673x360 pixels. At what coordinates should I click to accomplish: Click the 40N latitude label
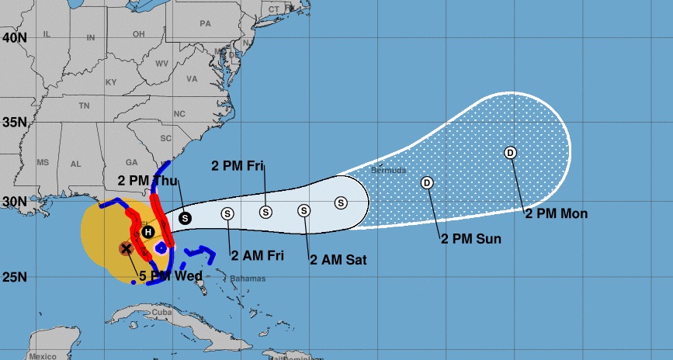(x=13, y=36)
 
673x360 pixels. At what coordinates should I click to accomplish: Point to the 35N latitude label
(x=13, y=122)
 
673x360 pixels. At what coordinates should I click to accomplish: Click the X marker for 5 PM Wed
(x=126, y=248)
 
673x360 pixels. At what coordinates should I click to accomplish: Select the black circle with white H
(x=147, y=231)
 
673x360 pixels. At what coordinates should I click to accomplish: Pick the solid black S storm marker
(x=185, y=218)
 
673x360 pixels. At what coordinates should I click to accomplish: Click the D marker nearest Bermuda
(x=426, y=183)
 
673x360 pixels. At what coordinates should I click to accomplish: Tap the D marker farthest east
(x=510, y=152)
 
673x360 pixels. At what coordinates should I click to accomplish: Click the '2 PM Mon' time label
(x=557, y=213)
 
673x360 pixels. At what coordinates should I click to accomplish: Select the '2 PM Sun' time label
(x=471, y=238)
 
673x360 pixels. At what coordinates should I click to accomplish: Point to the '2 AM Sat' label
(x=338, y=259)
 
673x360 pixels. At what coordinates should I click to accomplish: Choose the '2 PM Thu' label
(x=148, y=179)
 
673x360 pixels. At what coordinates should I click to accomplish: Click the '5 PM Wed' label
(x=171, y=276)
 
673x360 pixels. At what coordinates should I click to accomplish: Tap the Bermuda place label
(x=388, y=170)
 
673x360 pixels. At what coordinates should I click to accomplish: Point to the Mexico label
(x=41, y=356)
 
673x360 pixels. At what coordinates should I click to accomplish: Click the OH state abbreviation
(x=139, y=34)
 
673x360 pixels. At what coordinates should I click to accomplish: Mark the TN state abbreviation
(x=84, y=106)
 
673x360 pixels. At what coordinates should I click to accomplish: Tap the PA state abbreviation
(x=205, y=24)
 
